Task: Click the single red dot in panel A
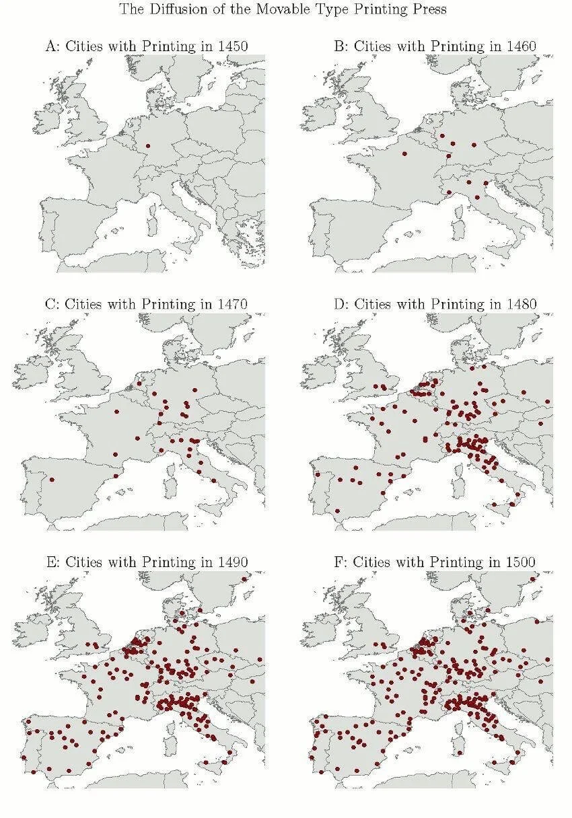[147, 145]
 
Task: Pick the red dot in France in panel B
[404, 153]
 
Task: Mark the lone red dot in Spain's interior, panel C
[52, 480]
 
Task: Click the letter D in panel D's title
[338, 304]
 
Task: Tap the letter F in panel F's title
[338, 562]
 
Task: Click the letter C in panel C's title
[49, 304]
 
